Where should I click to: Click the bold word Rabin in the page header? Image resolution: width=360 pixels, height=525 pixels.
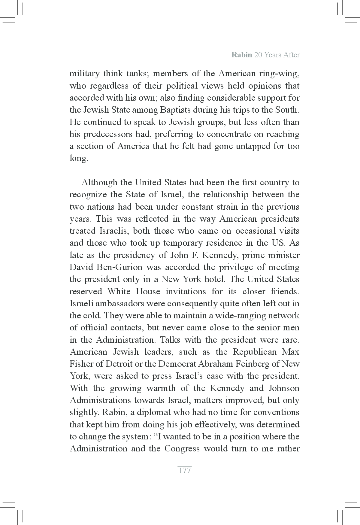click(242, 55)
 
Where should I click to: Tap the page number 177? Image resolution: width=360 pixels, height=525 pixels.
click(185, 470)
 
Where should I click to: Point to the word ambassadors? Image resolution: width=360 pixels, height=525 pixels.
click(116, 304)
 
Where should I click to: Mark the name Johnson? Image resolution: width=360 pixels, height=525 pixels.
click(284, 388)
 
